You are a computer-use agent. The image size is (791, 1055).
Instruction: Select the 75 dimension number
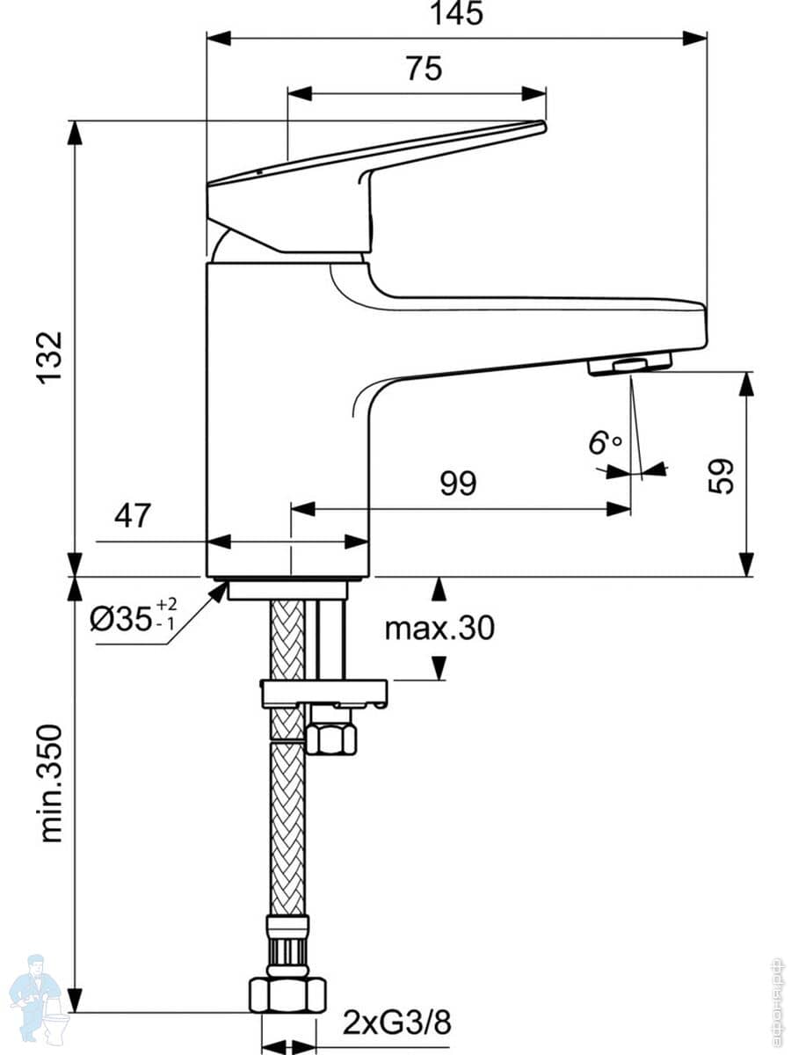(424, 69)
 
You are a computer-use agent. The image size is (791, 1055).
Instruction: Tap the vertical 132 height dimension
(50, 357)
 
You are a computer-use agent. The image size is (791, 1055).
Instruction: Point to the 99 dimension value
(457, 483)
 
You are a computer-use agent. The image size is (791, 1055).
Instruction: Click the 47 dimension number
(133, 515)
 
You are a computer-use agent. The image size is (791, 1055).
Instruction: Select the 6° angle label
(604, 442)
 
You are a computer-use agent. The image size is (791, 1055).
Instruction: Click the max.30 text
(439, 628)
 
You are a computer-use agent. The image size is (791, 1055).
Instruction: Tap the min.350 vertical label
(51, 782)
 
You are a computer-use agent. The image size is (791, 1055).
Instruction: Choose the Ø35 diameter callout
(133, 619)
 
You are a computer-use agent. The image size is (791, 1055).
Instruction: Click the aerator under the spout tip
(629, 364)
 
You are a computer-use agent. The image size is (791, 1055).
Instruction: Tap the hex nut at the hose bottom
(287, 993)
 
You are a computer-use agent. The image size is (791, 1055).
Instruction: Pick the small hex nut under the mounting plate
(330, 737)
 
